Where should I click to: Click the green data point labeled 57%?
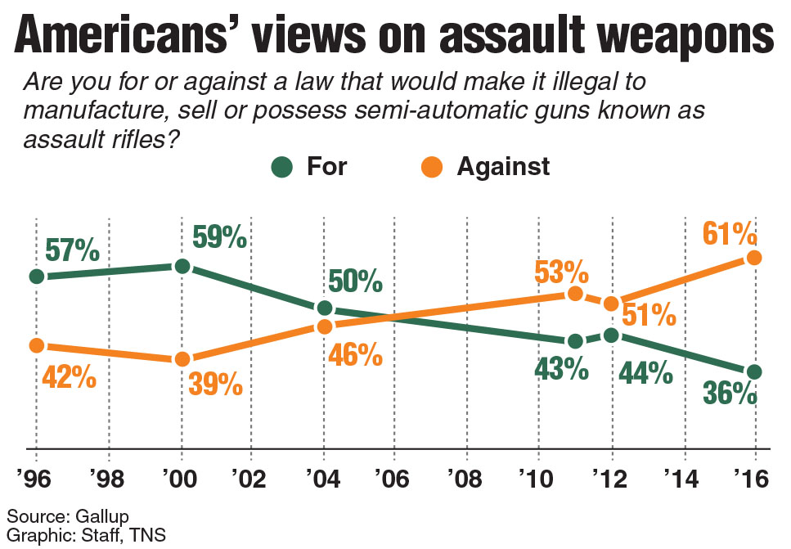(x=36, y=277)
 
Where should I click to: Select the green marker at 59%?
(x=182, y=266)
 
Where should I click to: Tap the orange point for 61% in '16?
(x=755, y=258)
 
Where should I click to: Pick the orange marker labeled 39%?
(x=182, y=359)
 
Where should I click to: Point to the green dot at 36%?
(x=755, y=371)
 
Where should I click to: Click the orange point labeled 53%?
(x=574, y=294)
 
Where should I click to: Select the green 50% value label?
(x=355, y=282)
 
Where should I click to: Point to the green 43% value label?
(x=561, y=369)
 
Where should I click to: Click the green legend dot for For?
(x=281, y=167)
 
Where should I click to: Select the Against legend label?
(x=503, y=167)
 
